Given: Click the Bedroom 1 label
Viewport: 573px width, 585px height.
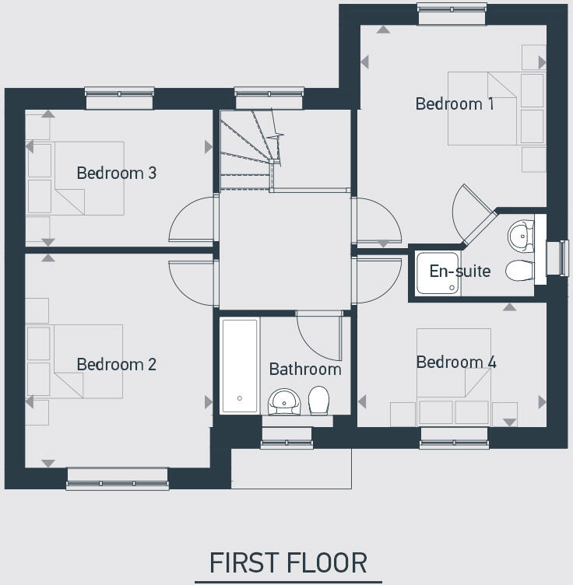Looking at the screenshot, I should tap(454, 103).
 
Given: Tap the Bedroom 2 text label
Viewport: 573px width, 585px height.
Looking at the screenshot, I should tap(117, 364).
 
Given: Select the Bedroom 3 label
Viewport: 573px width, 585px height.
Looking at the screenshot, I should tap(117, 173).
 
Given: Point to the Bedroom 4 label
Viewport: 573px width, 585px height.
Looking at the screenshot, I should tap(455, 362).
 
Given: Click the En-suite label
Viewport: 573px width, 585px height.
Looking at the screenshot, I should tap(460, 271).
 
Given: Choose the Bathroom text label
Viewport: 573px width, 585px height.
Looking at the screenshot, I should tap(305, 369).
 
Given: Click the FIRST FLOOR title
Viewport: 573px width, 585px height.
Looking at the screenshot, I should tap(288, 562).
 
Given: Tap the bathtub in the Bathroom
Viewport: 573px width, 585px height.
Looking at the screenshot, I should tap(239, 365).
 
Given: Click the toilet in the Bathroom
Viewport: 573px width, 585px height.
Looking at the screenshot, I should tap(318, 400).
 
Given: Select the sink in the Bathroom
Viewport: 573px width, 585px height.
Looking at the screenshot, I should tap(285, 401).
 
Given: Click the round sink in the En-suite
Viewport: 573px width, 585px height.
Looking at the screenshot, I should tap(519, 233).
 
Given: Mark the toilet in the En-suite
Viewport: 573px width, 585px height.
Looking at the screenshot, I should tap(519, 271).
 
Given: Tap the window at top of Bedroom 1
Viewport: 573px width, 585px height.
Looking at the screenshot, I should tap(452, 9).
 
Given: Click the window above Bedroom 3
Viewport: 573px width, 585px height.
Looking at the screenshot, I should tap(120, 97).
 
